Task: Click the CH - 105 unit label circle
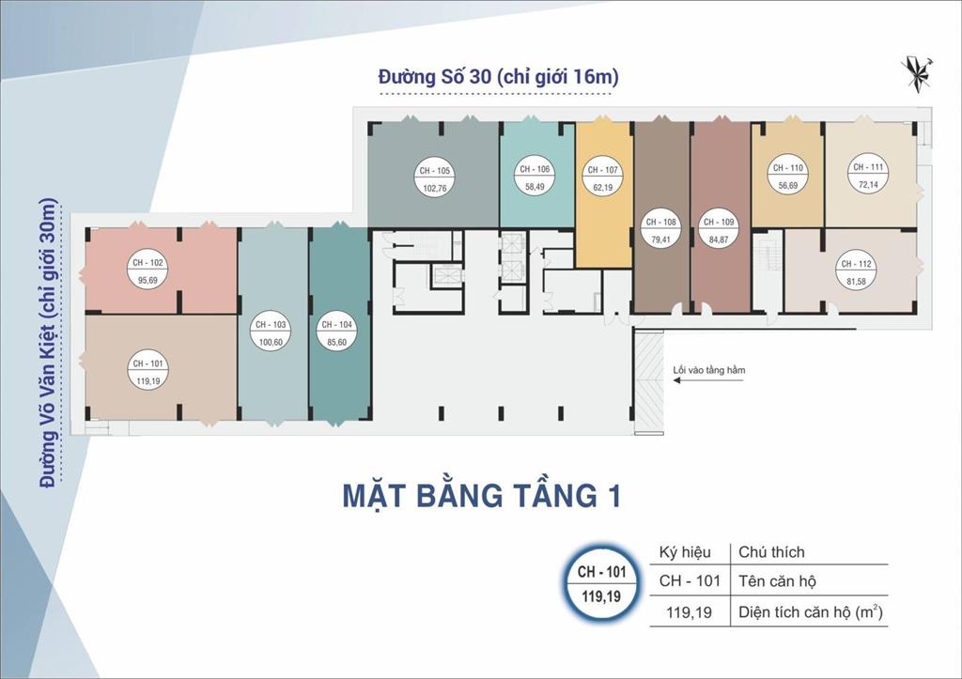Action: tap(432, 178)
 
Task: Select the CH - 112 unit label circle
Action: tap(857, 271)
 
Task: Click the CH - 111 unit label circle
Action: tap(867, 176)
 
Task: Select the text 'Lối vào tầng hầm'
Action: tap(709, 370)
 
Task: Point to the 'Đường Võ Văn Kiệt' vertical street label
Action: tap(48, 343)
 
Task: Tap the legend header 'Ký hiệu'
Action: tap(685, 551)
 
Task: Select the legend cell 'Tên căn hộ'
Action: tap(777, 580)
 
